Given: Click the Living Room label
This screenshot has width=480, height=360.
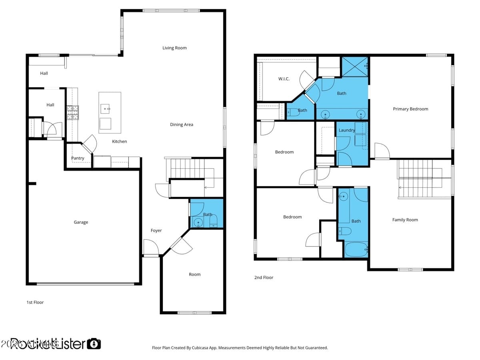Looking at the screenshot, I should pos(174,48).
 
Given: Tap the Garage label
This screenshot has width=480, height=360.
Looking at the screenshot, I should pos(81,222).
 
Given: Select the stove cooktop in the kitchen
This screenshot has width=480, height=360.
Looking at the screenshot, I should pos(72,112).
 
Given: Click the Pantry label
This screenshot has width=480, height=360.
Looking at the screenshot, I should pos(78,158).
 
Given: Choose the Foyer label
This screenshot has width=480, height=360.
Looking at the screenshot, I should pos(156,231).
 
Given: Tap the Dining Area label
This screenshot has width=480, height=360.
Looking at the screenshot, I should pos(182,125).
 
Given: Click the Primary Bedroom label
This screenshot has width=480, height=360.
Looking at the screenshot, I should pos(410,109).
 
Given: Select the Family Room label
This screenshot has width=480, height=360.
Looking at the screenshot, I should pos(405,220).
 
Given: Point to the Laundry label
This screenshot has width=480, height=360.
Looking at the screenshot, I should pos(346,130).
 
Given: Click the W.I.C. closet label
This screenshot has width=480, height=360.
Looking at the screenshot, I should pos(284,79).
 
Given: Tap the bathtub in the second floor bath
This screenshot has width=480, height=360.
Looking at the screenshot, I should pos(356,250).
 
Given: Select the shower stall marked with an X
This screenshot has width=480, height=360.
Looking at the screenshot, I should pos(355,66).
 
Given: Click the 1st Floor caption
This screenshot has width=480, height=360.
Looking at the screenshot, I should pos(35,302).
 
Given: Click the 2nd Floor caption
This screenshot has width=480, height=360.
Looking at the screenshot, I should pos(264,278).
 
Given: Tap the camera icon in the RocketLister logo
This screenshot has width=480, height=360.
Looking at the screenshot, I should pos(94,344).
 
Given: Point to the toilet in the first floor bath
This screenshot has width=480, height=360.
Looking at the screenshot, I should pos(214,221).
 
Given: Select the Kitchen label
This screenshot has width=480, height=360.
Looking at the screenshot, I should pos(119,142).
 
